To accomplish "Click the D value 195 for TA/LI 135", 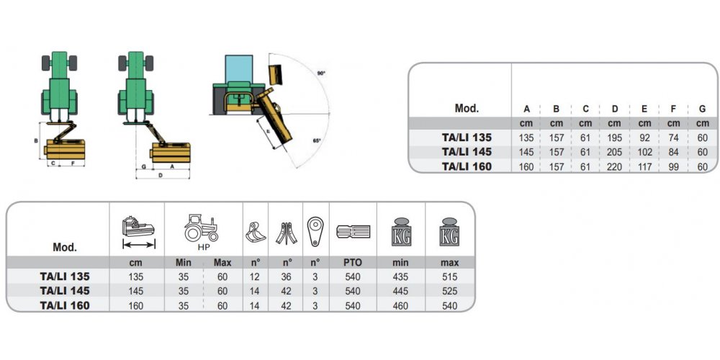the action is pos(614,138).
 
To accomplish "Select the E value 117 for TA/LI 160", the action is pos(644,167).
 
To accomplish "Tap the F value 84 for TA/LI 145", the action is pos(673,152).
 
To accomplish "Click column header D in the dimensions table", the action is pos(615,109).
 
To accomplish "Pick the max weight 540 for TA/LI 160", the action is pos(449,305).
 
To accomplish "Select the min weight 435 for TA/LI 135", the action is pos(400,277).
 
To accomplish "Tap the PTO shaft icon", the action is pos(353,231).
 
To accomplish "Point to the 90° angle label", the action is pos(321,73).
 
